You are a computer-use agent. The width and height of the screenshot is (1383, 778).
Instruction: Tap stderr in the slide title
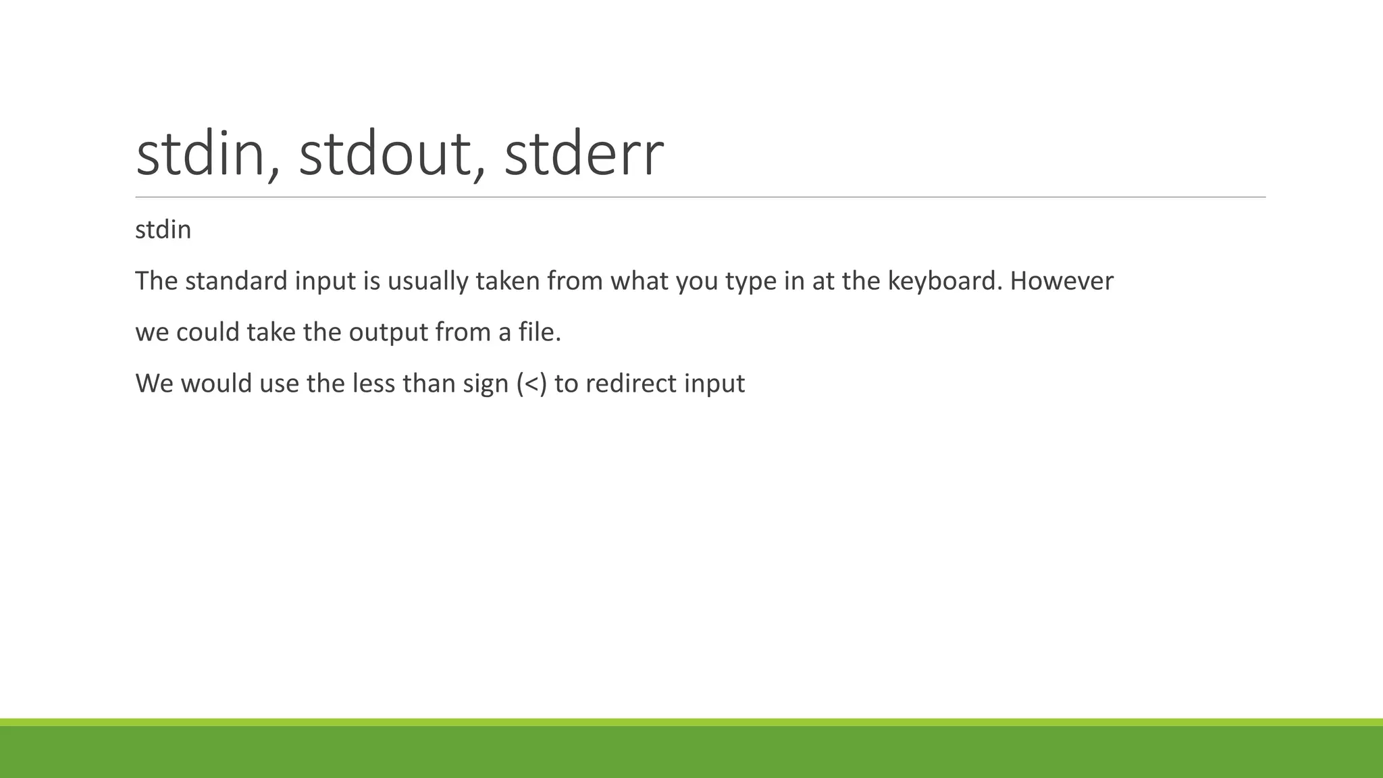coord(583,155)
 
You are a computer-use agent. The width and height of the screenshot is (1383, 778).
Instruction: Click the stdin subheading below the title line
coord(163,230)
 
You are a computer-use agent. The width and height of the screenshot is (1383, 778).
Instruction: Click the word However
coord(1062,281)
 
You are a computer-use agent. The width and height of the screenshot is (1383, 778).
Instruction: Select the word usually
coord(427,281)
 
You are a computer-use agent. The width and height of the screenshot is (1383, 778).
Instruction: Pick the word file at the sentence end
coord(539,332)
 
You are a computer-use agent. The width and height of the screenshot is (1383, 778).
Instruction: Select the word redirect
coord(631,384)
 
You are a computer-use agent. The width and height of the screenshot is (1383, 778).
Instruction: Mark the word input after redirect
coord(714,384)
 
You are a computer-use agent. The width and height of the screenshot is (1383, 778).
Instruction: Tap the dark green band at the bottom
coord(691,752)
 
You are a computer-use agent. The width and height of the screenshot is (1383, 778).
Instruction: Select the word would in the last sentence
coord(216,384)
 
